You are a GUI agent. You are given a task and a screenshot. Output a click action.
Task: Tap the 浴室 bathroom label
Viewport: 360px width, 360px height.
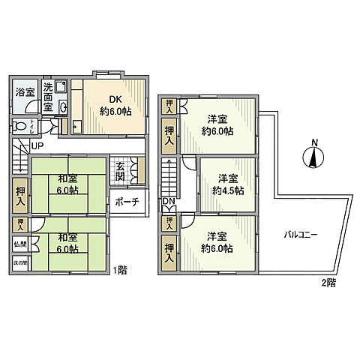pos(25,93)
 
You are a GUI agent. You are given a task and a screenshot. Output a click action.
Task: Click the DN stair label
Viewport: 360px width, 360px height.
pos(169,202)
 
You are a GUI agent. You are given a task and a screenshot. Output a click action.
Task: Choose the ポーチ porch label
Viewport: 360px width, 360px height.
pos(127,202)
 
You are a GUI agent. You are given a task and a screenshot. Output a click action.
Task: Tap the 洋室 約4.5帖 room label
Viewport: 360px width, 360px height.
pos(227,184)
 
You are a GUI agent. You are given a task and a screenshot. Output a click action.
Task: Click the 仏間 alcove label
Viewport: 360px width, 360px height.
pos(20,244)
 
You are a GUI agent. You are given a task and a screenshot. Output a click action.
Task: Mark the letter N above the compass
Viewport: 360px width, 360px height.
pos(315,142)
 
